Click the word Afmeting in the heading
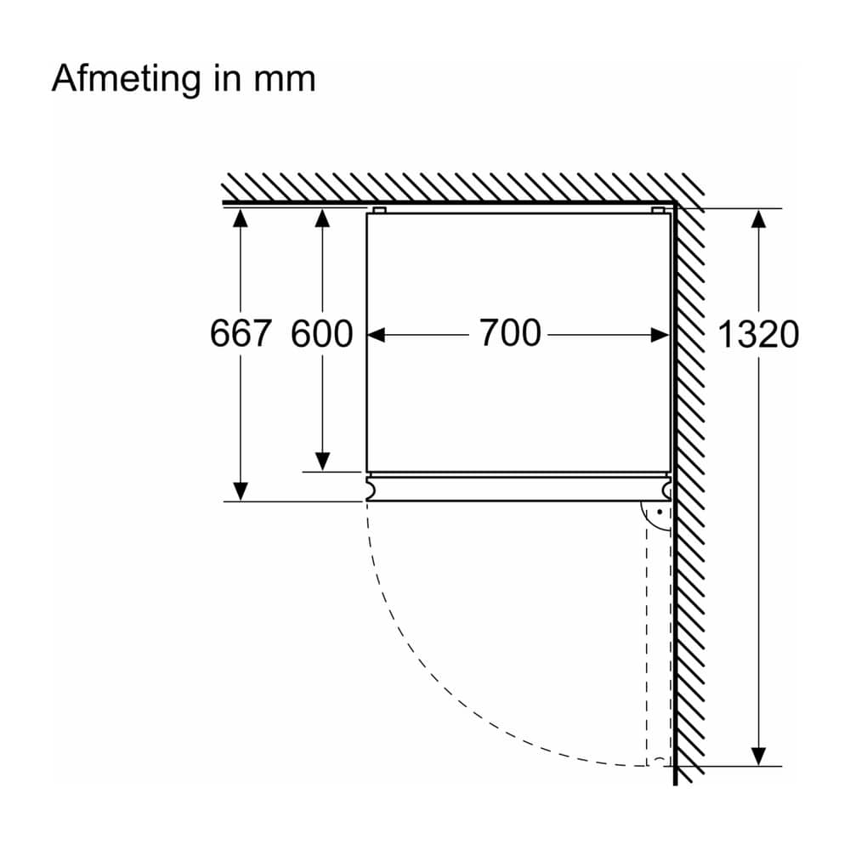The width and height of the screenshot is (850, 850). tap(126, 79)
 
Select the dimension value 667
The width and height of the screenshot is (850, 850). tap(241, 333)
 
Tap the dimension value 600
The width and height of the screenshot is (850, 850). tap(322, 333)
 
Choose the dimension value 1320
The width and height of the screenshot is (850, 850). tap(758, 333)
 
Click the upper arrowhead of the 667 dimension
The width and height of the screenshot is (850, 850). tap(241, 218)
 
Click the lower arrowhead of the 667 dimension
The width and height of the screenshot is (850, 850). tap(241, 491)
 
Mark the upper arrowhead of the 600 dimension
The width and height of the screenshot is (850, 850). tap(322, 218)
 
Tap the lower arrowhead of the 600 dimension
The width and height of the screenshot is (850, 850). tap(322, 462)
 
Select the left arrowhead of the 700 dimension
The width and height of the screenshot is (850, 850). tap(377, 335)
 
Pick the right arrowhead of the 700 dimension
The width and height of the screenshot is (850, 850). tap(660, 335)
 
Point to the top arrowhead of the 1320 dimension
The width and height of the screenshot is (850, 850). tap(758, 218)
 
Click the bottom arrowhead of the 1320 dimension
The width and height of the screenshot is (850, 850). tap(758, 756)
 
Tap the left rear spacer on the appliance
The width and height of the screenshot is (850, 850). tap(379, 210)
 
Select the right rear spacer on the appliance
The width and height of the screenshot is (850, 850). tap(658, 210)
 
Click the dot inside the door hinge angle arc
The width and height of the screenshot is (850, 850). tap(660, 511)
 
